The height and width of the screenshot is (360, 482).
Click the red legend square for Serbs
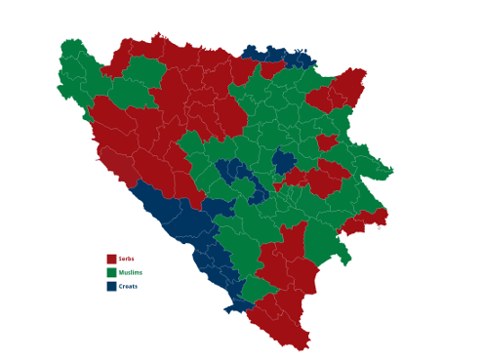coord(111,259)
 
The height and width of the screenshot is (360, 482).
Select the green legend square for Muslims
coord(111,272)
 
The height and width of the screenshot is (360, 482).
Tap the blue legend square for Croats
coord(111,286)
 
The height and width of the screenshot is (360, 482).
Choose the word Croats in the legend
coord(129,286)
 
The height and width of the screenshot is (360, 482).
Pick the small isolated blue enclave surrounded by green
coord(283,160)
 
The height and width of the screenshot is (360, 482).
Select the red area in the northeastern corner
coord(346,88)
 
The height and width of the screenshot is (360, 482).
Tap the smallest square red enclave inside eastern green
coord(327,142)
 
